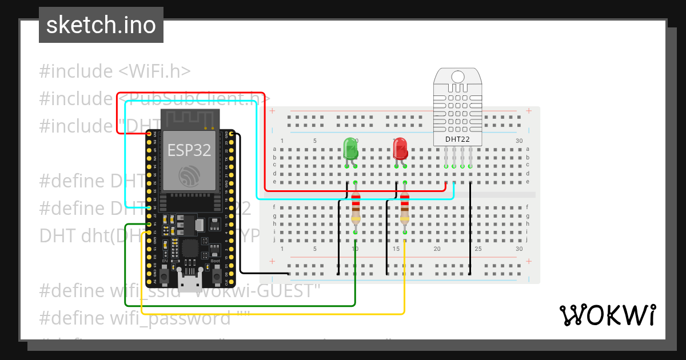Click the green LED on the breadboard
[x=350, y=149]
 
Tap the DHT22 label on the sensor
[x=457, y=139]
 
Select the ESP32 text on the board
[x=189, y=150]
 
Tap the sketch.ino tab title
[x=101, y=25]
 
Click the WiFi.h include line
[x=115, y=71]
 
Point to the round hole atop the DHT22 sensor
[x=457, y=77]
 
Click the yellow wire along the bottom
[x=274, y=314]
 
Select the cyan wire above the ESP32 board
[x=194, y=101]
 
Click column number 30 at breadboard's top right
[x=519, y=141]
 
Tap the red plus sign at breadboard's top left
[x=273, y=111]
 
